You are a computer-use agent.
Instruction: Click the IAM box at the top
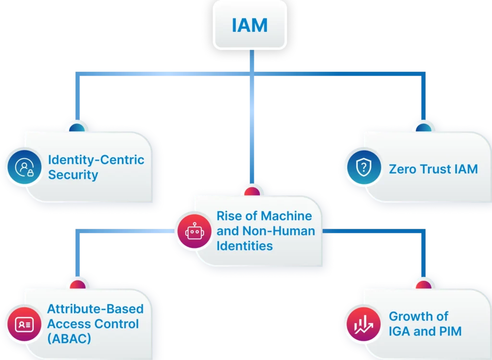coord(249,25)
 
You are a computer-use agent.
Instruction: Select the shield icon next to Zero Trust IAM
coord(364,168)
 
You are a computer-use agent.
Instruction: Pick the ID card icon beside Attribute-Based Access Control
coord(23,323)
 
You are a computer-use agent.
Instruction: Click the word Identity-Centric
coord(96,160)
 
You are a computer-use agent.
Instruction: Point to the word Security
coord(73,174)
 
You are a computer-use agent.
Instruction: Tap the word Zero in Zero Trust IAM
coord(403,169)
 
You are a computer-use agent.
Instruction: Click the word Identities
coord(245,246)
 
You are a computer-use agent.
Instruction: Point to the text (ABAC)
coord(69,338)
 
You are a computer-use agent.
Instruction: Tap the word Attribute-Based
coord(95,309)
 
